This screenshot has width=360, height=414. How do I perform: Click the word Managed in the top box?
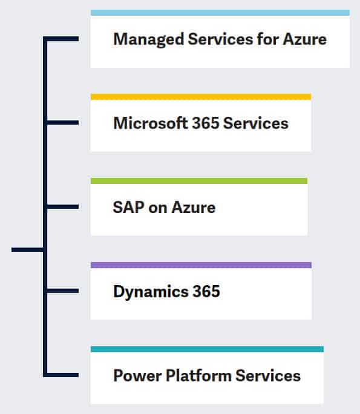pos(149,39)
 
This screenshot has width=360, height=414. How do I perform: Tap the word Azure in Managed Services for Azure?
pos(304,39)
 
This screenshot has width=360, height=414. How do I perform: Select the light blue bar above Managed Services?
pos(220,13)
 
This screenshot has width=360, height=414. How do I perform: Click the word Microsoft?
pos(151,123)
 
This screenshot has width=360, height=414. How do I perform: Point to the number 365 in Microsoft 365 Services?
pos(206,123)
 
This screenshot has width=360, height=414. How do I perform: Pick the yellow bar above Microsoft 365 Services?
pos(201,97)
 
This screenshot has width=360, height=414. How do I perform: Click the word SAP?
pos(128,207)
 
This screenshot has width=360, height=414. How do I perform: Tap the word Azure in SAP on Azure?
pos(194,207)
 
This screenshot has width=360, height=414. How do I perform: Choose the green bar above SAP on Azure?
pos(199,181)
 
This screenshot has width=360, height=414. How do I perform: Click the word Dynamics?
pos(151,292)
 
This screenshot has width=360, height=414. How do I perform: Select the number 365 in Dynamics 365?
pos(206,291)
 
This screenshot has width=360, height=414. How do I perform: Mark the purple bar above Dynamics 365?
pos(201,265)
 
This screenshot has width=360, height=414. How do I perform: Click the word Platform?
pos(198,375)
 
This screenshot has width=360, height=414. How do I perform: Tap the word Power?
pos(137,375)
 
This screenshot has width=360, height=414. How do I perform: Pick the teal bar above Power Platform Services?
pos(207,349)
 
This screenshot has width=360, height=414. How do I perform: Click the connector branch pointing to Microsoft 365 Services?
pos(63,122)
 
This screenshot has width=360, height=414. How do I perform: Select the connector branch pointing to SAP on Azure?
pos(63,206)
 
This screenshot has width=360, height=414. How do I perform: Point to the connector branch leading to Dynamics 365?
pos(63,291)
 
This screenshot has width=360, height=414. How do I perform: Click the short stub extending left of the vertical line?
pos(27,249)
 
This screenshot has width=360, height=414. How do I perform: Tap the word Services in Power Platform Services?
pos(268,375)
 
